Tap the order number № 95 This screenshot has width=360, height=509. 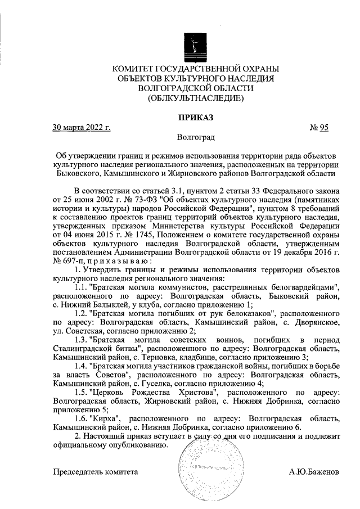[319, 127]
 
